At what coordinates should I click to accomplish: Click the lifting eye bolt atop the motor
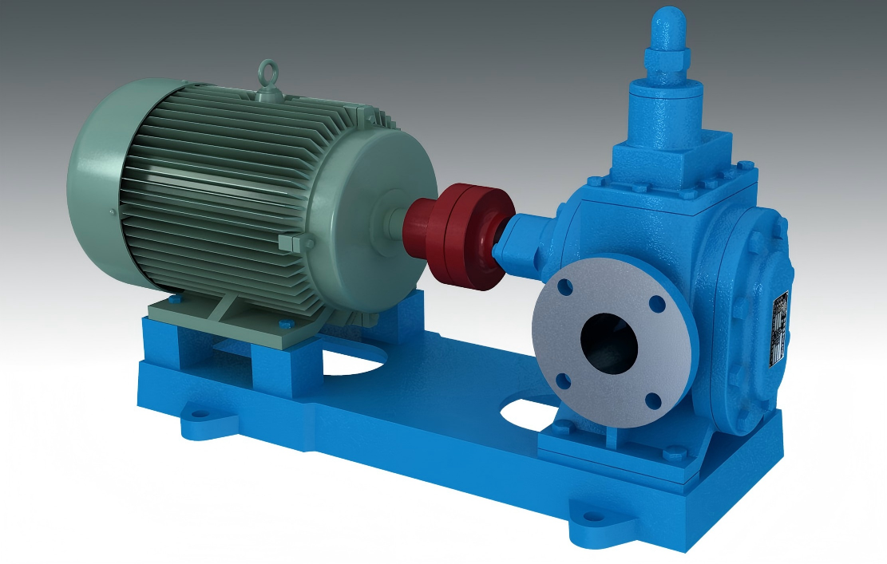point(265,75)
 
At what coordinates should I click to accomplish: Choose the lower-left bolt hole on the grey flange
point(563,381)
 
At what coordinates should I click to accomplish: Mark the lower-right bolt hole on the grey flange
point(655,400)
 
